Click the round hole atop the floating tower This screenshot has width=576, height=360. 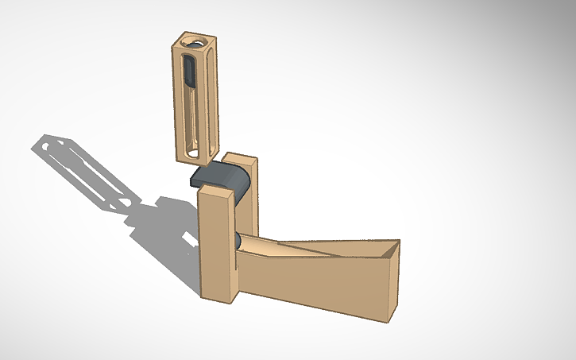point(193,41)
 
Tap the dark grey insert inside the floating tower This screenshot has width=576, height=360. point(189,72)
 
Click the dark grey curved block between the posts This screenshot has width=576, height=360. point(222,177)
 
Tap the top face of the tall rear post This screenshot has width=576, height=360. point(238,159)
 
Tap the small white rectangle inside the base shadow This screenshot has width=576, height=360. point(187,239)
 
